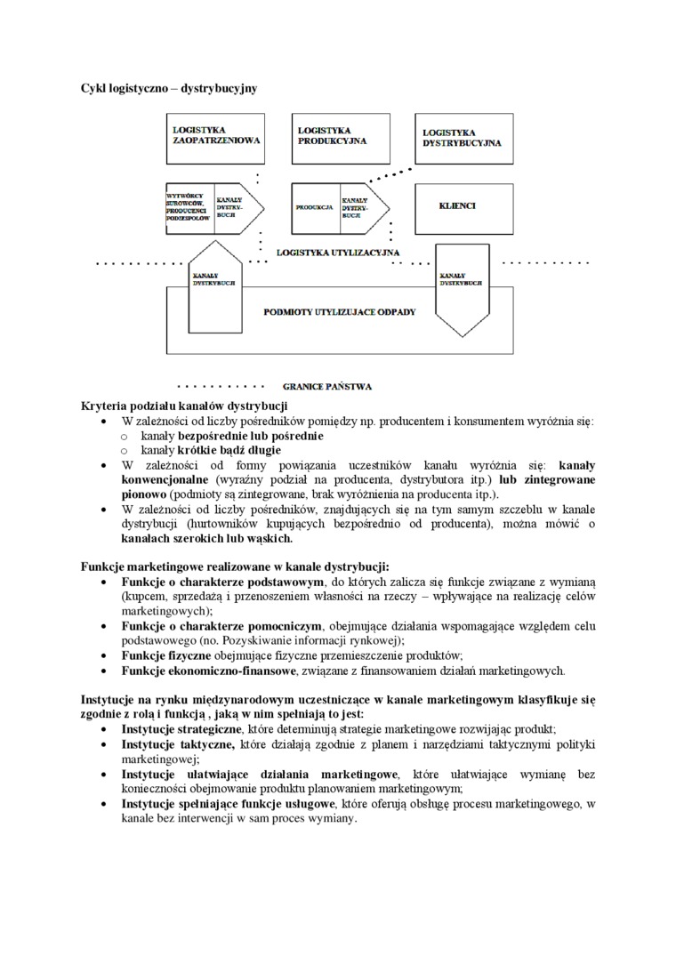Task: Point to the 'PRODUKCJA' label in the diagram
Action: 314,207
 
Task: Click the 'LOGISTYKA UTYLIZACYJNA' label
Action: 336,253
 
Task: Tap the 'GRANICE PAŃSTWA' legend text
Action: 326,387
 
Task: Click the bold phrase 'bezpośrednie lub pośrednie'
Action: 251,437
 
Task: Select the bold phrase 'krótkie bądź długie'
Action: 230,451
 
